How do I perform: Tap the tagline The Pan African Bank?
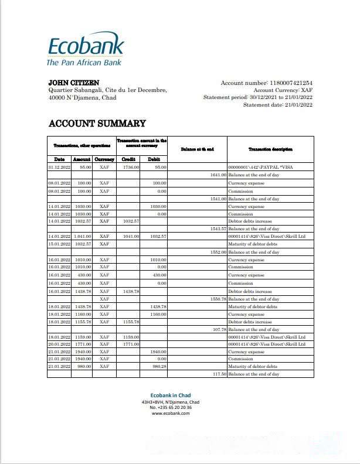[84, 62]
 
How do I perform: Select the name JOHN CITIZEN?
[73, 83]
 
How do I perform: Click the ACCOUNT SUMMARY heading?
[97, 124]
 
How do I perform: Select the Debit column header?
[154, 159]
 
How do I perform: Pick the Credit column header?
[129, 159]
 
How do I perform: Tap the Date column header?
[59, 159]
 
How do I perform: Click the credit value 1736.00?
[131, 168]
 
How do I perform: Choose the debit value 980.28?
[159, 366]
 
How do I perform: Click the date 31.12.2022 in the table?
[59, 168]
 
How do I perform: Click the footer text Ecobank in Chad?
[170, 395]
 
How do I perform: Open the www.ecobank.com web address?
[171, 413]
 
